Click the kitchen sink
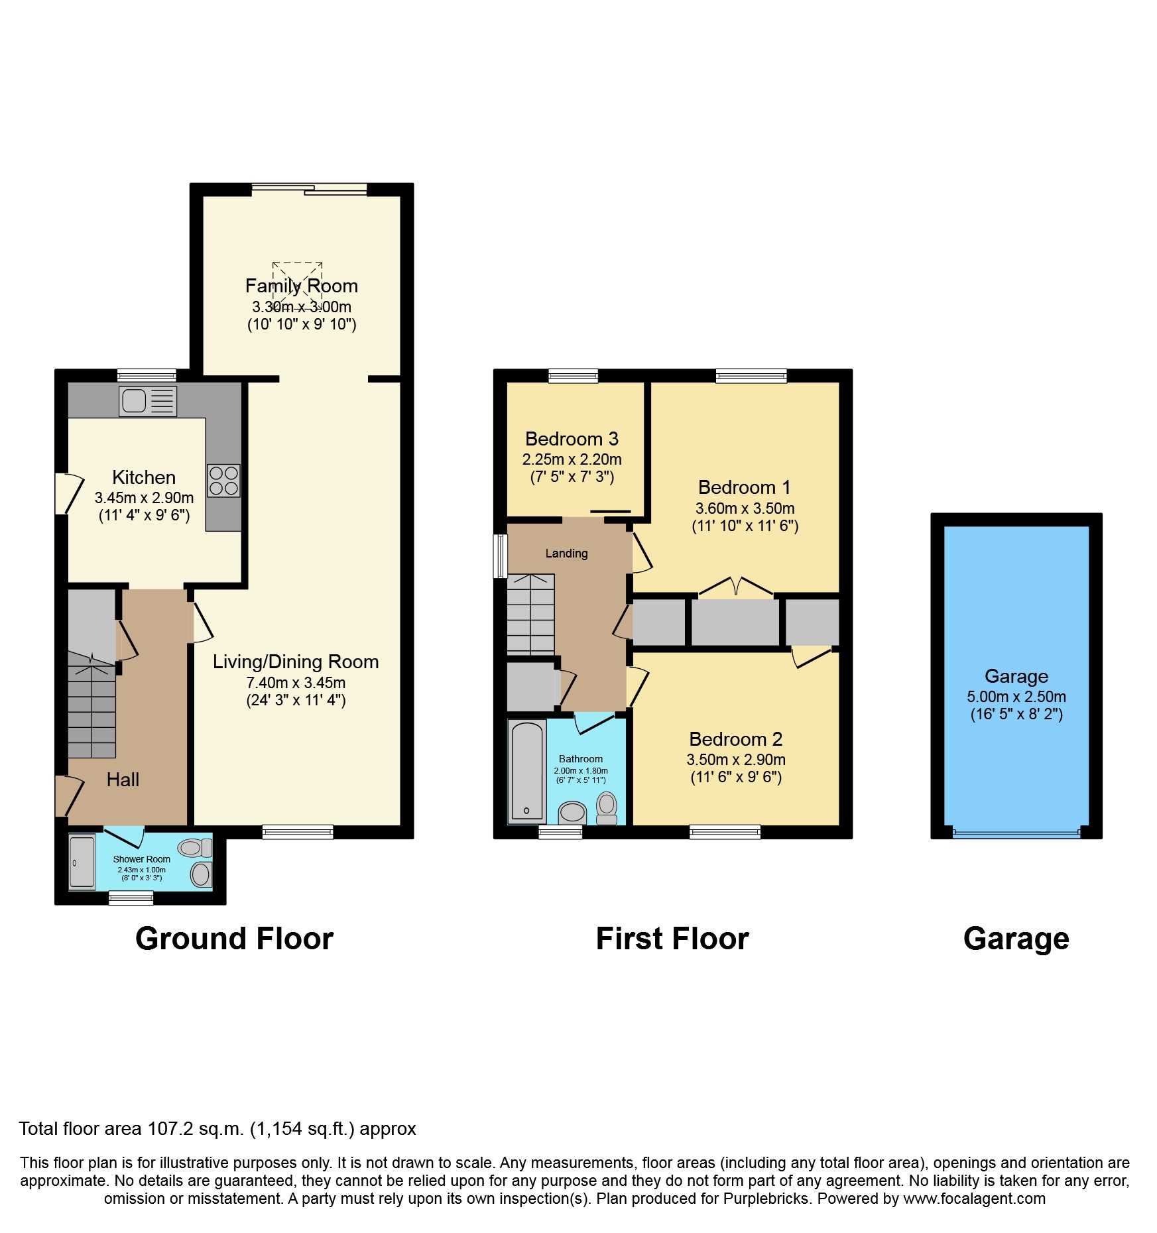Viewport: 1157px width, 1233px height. [x=147, y=401]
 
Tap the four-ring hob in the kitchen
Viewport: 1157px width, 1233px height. [x=223, y=481]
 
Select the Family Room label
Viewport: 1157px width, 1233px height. [x=302, y=286]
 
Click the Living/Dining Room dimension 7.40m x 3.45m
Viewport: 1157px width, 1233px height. [x=296, y=683]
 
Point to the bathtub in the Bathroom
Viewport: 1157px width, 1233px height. [x=527, y=771]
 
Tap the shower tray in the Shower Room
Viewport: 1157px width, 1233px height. [x=83, y=862]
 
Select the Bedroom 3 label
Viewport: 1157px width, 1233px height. [x=572, y=439]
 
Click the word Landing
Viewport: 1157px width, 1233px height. [x=566, y=554]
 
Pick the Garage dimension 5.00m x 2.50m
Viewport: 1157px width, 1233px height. [x=1016, y=697]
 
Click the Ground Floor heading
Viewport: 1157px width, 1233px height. [x=234, y=939]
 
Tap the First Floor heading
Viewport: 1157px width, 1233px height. [x=672, y=939]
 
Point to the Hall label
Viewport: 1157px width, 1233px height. [x=123, y=780]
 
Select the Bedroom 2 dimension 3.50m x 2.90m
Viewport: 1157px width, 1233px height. [x=736, y=760]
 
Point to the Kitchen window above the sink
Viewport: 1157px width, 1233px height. [x=147, y=375]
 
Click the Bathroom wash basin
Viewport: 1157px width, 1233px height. [x=572, y=812]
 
